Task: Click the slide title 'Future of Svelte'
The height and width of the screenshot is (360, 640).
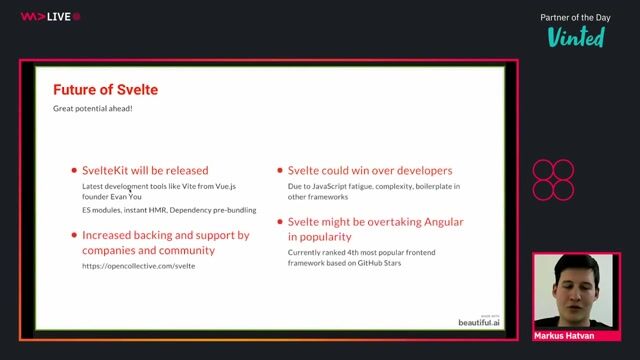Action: tap(105, 90)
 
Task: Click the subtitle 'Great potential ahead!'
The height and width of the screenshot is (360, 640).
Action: tap(93, 107)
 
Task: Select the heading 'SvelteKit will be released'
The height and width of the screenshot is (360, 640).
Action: tap(145, 170)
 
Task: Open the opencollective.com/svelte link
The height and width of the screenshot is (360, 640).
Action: tap(138, 266)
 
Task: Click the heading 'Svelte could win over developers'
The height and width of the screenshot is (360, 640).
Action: tap(370, 170)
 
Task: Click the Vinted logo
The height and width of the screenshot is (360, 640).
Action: tap(576, 37)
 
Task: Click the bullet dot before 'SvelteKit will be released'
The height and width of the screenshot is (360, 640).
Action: tap(73, 171)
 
